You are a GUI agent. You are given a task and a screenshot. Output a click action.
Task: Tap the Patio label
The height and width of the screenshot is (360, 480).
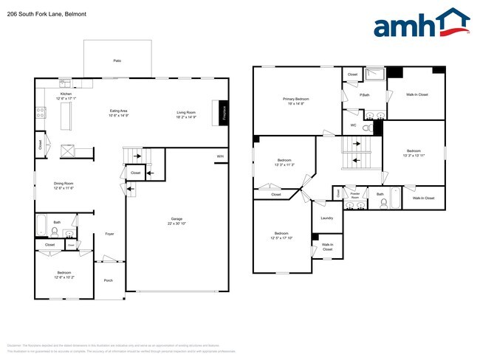coord(117,60)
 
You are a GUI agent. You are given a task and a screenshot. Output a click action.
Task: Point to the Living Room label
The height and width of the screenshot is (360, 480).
coord(185,114)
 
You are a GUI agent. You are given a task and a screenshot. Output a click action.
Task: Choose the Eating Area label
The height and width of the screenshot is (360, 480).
coord(119,114)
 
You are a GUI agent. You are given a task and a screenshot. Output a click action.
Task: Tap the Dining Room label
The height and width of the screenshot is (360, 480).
coord(63,186)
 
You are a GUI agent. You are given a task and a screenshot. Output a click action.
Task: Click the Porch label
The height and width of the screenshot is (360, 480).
coord(109,280)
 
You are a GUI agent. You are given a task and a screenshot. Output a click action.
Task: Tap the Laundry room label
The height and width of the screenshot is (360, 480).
coord(326,218)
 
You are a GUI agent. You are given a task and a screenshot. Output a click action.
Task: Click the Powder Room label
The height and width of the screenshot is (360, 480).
coord(354,197)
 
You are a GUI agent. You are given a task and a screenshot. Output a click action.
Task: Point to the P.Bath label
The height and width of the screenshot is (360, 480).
coord(364,95)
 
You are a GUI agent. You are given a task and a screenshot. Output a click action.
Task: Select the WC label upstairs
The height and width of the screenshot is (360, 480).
coord(353,125)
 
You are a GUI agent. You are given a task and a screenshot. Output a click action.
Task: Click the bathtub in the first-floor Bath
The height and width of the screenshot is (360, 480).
coord(42,224)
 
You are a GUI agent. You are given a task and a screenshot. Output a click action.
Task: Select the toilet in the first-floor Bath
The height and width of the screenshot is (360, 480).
coord(55,230)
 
